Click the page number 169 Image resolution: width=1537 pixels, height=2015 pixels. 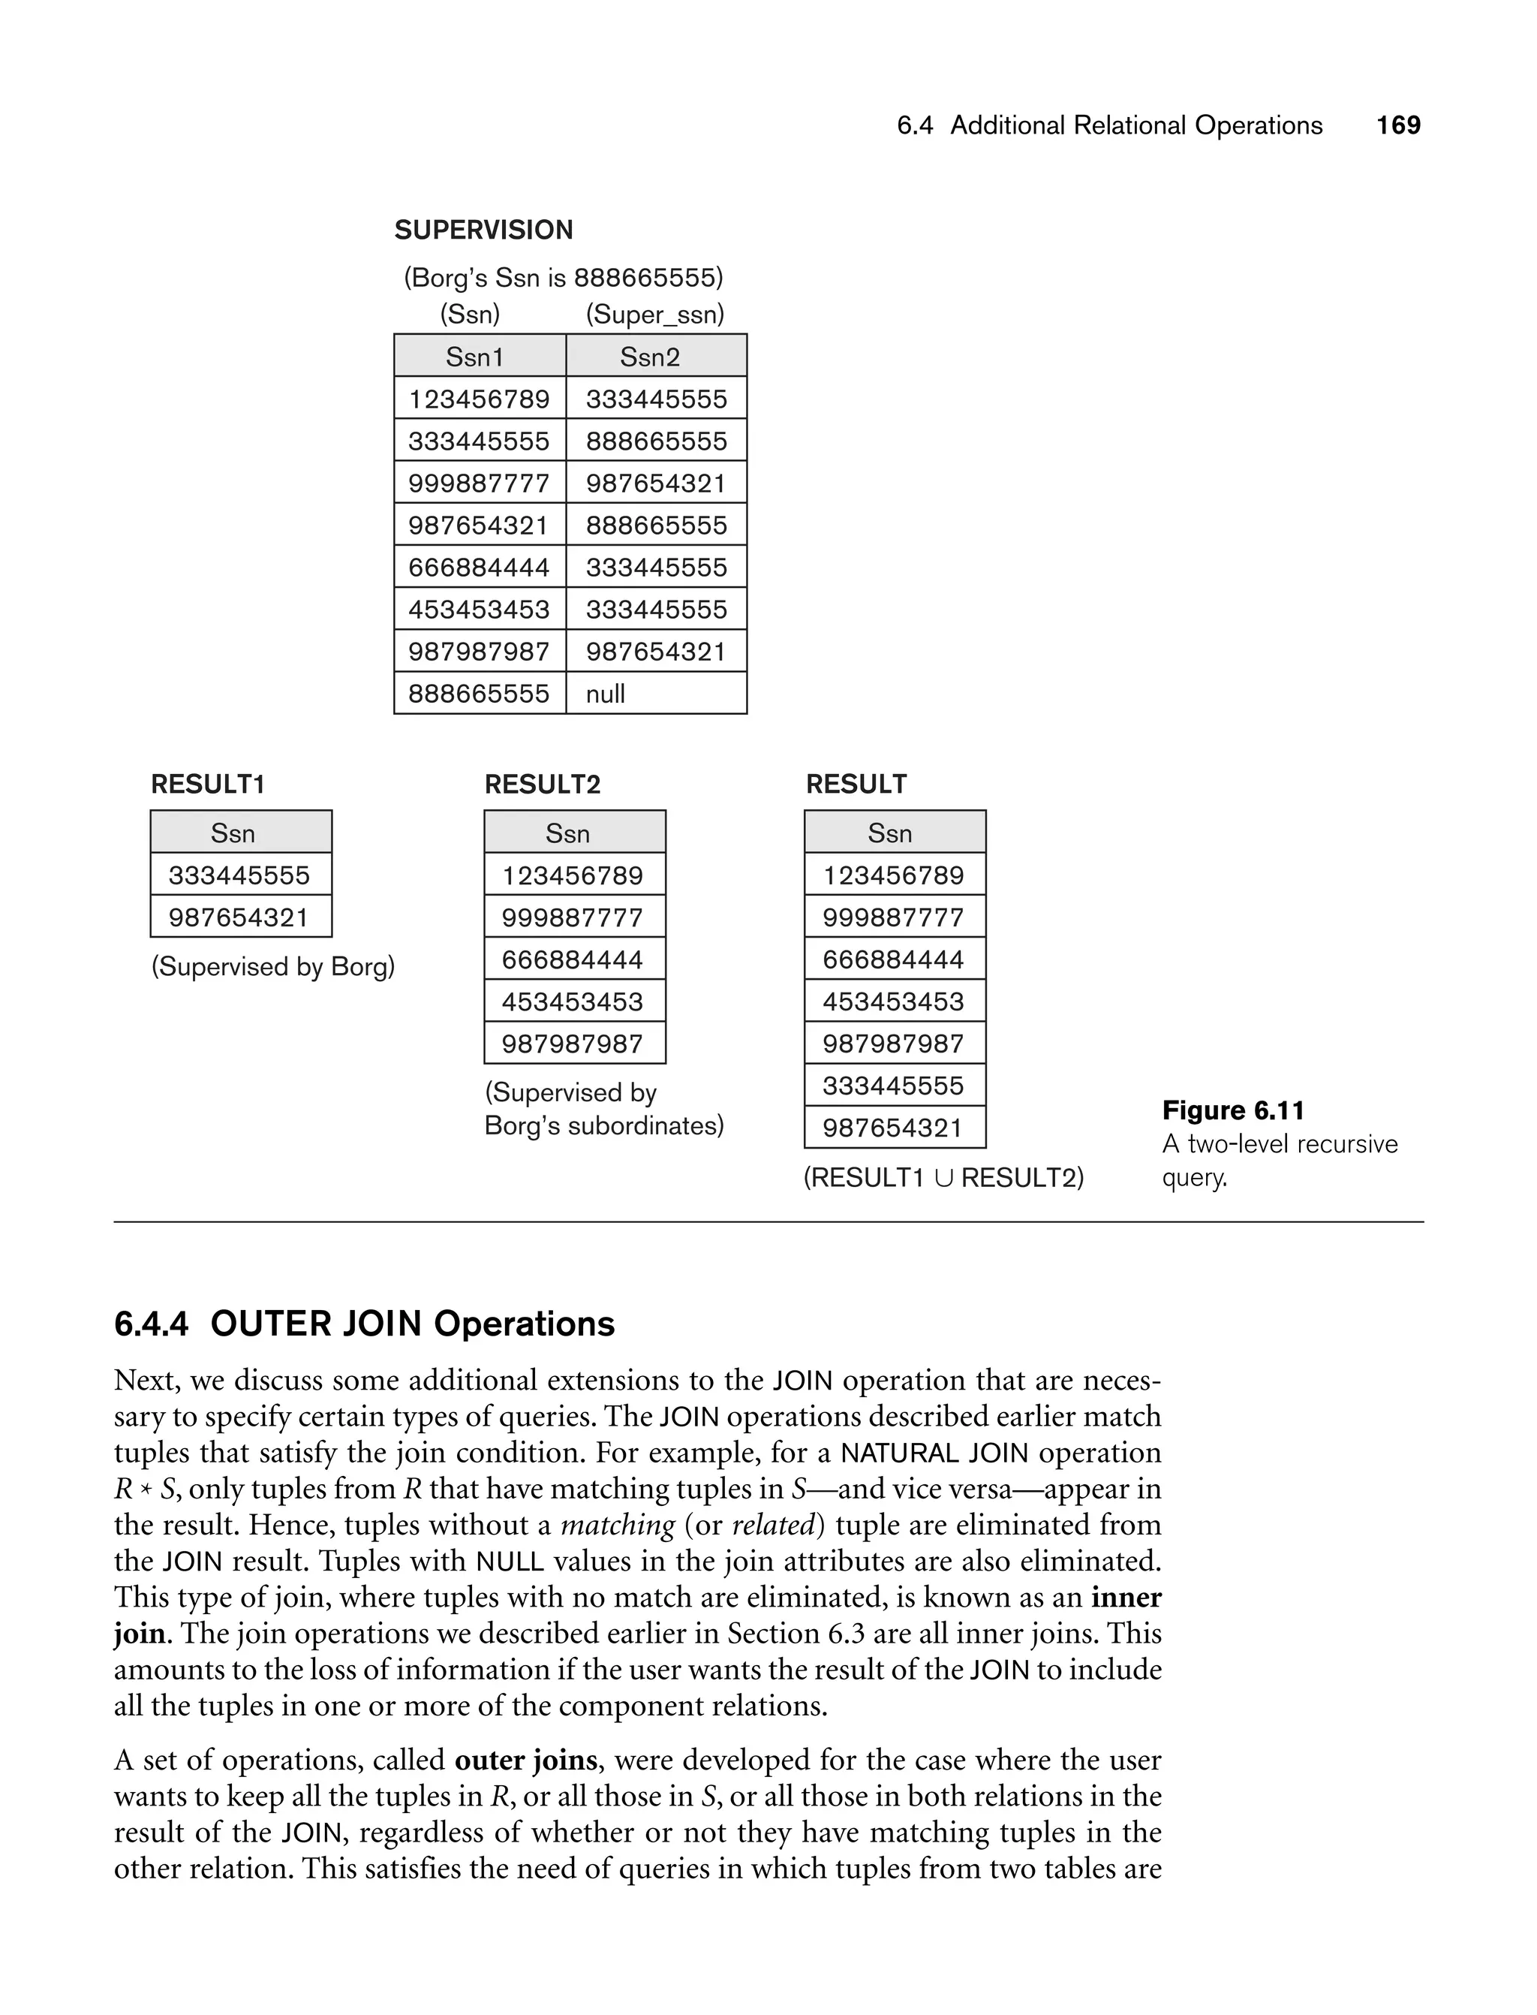[1398, 125]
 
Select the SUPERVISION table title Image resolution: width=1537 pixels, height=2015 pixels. [483, 230]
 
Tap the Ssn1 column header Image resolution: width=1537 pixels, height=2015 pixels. [475, 357]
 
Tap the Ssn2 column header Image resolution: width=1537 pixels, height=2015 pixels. [650, 357]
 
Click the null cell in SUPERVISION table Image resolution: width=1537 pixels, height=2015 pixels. [606, 694]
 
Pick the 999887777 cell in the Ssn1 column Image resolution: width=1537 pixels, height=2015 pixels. [479, 483]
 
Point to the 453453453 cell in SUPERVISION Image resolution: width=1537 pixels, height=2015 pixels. [479, 610]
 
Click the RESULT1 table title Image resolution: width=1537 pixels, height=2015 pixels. [208, 785]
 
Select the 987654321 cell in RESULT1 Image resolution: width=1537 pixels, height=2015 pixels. [239, 917]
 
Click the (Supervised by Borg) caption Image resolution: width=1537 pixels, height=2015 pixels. [272, 966]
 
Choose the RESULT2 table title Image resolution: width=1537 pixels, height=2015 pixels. [543, 785]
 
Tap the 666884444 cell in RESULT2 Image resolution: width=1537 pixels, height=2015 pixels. [573, 959]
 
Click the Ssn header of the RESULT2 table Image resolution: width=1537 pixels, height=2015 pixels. [567, 833]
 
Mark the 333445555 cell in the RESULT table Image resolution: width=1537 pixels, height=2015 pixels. [893, 1086]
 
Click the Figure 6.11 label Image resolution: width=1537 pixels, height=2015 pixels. [1233, 1110]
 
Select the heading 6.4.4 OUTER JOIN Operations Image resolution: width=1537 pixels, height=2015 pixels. [364, 1324]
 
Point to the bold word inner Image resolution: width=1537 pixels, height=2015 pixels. [1126, 1597]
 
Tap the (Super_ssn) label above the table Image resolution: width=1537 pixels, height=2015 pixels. [655, 315]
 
